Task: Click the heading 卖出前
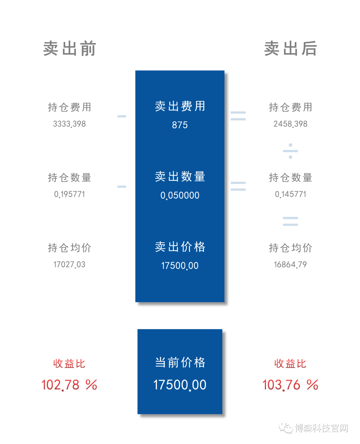click(x=69, y=48)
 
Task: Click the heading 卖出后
click(x=290, y=48)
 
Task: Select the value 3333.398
click(x=69, y=124)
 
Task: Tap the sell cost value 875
click(x=180, y=125)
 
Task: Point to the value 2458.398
click(x=290, y=124)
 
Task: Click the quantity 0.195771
click(x=69, y=194)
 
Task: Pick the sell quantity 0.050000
click(x=180, y=195)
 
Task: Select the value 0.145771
click(x=290, y=194)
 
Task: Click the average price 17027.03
click(x=69, y=264)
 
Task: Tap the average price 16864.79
click(x=290, y=264)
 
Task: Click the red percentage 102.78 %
click(x=69, y=385)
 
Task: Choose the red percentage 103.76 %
click(x=290, y=385)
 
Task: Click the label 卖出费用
click(x=180, y=106)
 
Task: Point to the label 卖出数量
click(x=180, y=176)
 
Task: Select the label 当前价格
click(x=180, y=362)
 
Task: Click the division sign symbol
click(x=290, y=151)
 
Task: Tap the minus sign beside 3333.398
click(x=122, y=116)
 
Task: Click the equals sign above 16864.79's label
click(x=290, y=221)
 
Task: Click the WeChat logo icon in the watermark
click(x=286, y=428)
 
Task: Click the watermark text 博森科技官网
click(x=321, y=428)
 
